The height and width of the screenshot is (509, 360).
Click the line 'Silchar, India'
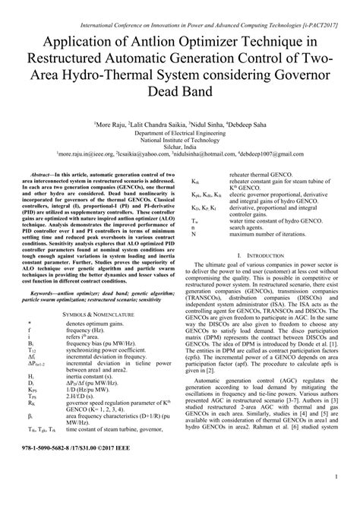tap(179, 145)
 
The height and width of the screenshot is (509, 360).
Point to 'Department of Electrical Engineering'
tap(179, 130)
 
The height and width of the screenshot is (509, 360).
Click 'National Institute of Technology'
tap(179, 138)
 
